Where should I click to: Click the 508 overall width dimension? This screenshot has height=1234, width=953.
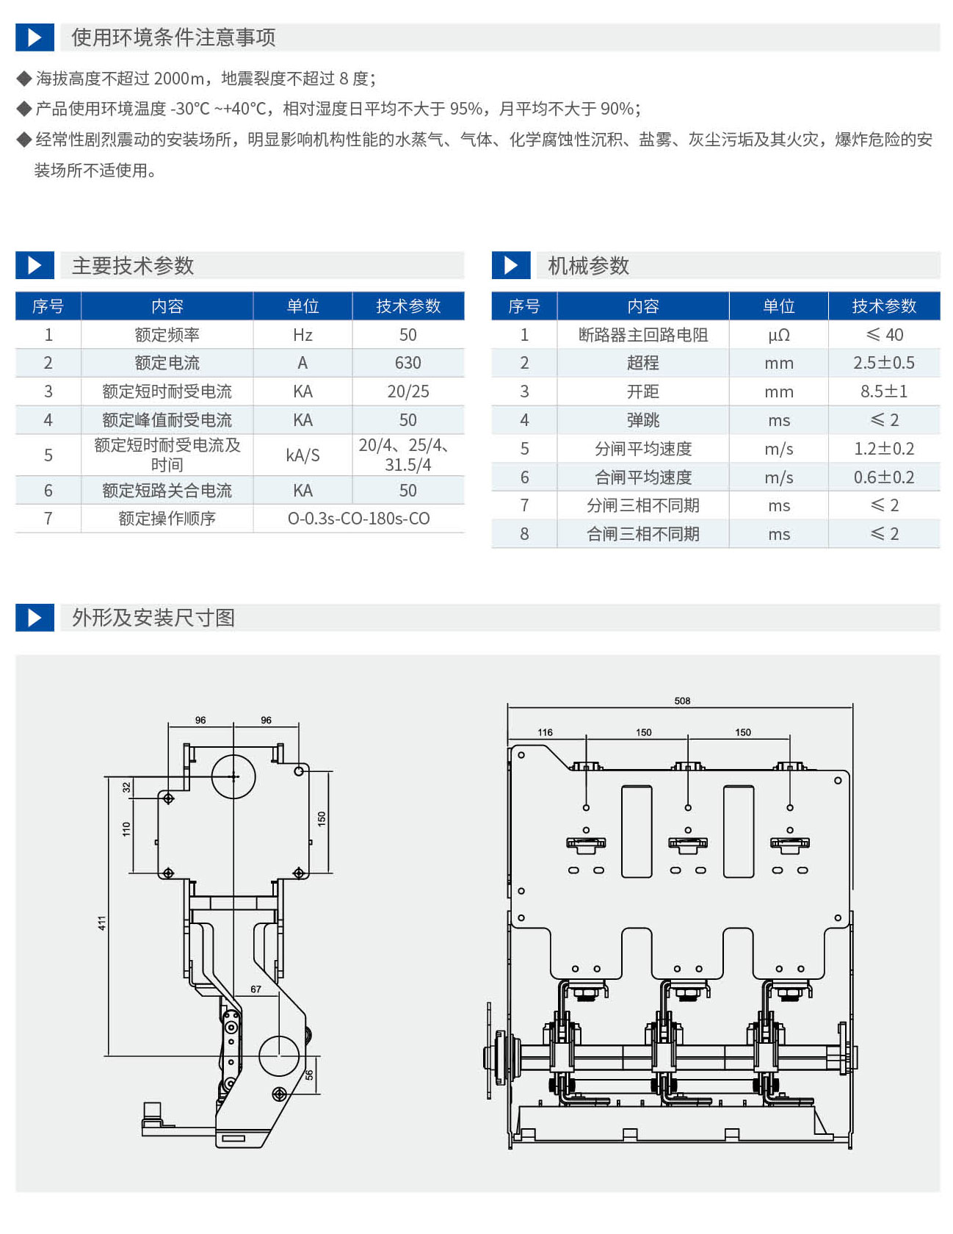[682, 701]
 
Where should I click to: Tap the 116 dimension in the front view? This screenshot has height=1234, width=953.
[545, 732]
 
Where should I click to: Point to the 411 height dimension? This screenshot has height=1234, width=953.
[102, 923]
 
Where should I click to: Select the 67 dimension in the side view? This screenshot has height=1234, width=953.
[256, 989]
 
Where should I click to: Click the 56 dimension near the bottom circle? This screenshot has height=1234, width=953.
[309, 1075]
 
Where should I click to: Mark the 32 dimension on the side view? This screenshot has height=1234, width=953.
[126, 787]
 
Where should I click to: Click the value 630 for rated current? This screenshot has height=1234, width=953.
[407, 363]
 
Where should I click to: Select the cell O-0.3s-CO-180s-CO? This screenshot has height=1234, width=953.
[358, 519]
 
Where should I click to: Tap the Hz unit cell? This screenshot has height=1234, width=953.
[302, 335]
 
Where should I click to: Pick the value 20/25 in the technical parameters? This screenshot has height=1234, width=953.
[407, 392]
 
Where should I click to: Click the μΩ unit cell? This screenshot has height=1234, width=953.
[778, 335]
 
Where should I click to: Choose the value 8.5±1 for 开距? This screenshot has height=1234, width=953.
[883, 392]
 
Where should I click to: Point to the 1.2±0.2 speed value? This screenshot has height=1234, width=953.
[883, 449]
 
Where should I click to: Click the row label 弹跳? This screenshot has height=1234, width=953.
[642, 420]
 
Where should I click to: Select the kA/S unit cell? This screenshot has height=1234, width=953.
[302, 455]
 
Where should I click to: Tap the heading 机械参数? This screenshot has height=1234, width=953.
[588, 266]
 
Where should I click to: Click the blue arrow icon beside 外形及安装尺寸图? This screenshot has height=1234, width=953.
[35, 618]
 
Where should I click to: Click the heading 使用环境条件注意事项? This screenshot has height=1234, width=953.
[173, 37]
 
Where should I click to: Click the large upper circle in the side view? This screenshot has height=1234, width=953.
[233, 776]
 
